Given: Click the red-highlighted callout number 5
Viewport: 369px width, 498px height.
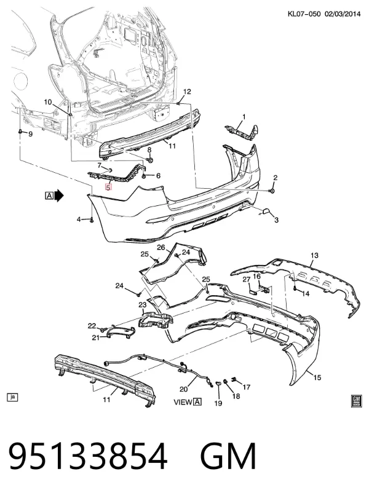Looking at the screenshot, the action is pyautogui.click(x=108, y=188).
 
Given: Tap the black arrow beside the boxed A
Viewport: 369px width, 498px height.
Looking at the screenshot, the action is pyautogui.click(x=59, y=196).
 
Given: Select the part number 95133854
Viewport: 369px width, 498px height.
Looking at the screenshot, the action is pyautogui.click(x=88, y=456).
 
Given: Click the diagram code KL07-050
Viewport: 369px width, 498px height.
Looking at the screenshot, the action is pyautogui.click(x=304, y=14).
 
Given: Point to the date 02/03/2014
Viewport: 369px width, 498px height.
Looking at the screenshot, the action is pyautogui.click(x=343, y=14).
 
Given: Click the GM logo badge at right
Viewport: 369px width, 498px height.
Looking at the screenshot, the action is pyautogui.click(x=357, y=401).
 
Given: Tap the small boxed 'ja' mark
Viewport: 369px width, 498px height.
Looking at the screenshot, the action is pyautogui.click(x=12, y=397).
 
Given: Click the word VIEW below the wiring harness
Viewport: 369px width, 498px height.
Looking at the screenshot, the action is pyautogui.click(x=183, y=402).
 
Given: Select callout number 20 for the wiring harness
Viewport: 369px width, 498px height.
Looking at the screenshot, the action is pyautogui.click(x=184, y=389).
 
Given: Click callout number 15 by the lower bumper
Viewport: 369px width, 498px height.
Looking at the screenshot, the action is pyautogui.click(x=317, y=377).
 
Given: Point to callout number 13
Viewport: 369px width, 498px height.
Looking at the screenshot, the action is pyautogui.click(x=314, y=255).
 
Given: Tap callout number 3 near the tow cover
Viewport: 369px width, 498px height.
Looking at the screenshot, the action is pyautogui.click(x=276, y=219).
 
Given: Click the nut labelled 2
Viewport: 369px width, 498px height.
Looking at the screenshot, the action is pyautogui.click(x=272, y=191).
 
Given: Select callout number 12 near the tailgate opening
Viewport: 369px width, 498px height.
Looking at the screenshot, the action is pyautogui.click(x=187, y=92).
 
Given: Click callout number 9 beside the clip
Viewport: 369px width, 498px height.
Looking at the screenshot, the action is pyautogui.click(x=31, y=134).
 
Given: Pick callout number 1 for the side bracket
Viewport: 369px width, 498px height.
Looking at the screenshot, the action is pyautogui.click(x=244, y=117).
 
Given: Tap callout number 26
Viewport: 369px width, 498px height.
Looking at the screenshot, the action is pyautogui.click(x=161, y=247).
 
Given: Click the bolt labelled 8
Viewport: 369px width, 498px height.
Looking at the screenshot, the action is pyautogui.click(x=151, y=160).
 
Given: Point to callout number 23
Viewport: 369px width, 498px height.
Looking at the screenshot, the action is pyautogui.click(x=143, y=304).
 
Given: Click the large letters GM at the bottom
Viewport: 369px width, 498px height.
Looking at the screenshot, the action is pyautogui.click(x=228, y=456).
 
